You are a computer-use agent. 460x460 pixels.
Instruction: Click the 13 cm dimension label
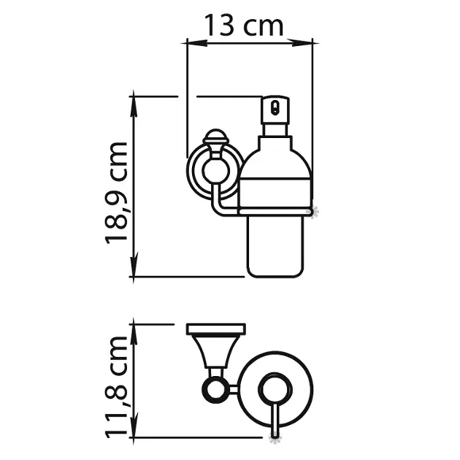(x=243, y=26)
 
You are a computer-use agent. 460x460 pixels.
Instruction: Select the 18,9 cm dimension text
(x=116, y=193)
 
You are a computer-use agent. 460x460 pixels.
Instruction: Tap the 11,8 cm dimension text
(x=116, y=387)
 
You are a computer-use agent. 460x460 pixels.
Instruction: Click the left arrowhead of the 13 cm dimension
(x=194, y=43)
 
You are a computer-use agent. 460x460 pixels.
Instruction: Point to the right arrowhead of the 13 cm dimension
(x=302, y=43)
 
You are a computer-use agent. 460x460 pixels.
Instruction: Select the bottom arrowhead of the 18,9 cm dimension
(x=134, y=267)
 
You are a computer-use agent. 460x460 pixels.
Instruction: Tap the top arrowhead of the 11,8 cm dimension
(x=134, y=331)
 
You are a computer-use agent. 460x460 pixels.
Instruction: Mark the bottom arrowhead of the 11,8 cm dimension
(x=134, y=427)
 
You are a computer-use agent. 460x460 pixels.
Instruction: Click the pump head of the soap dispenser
(x=275, y=110)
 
